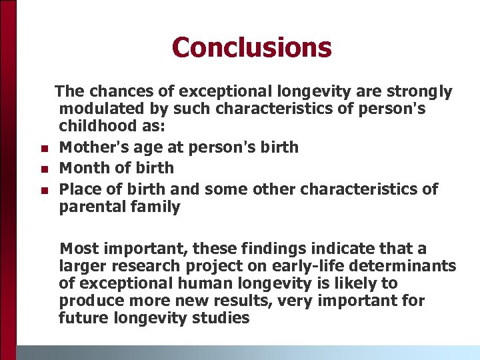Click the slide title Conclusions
(251, 47)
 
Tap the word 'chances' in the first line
(115, 91)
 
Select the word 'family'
(154, 207)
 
